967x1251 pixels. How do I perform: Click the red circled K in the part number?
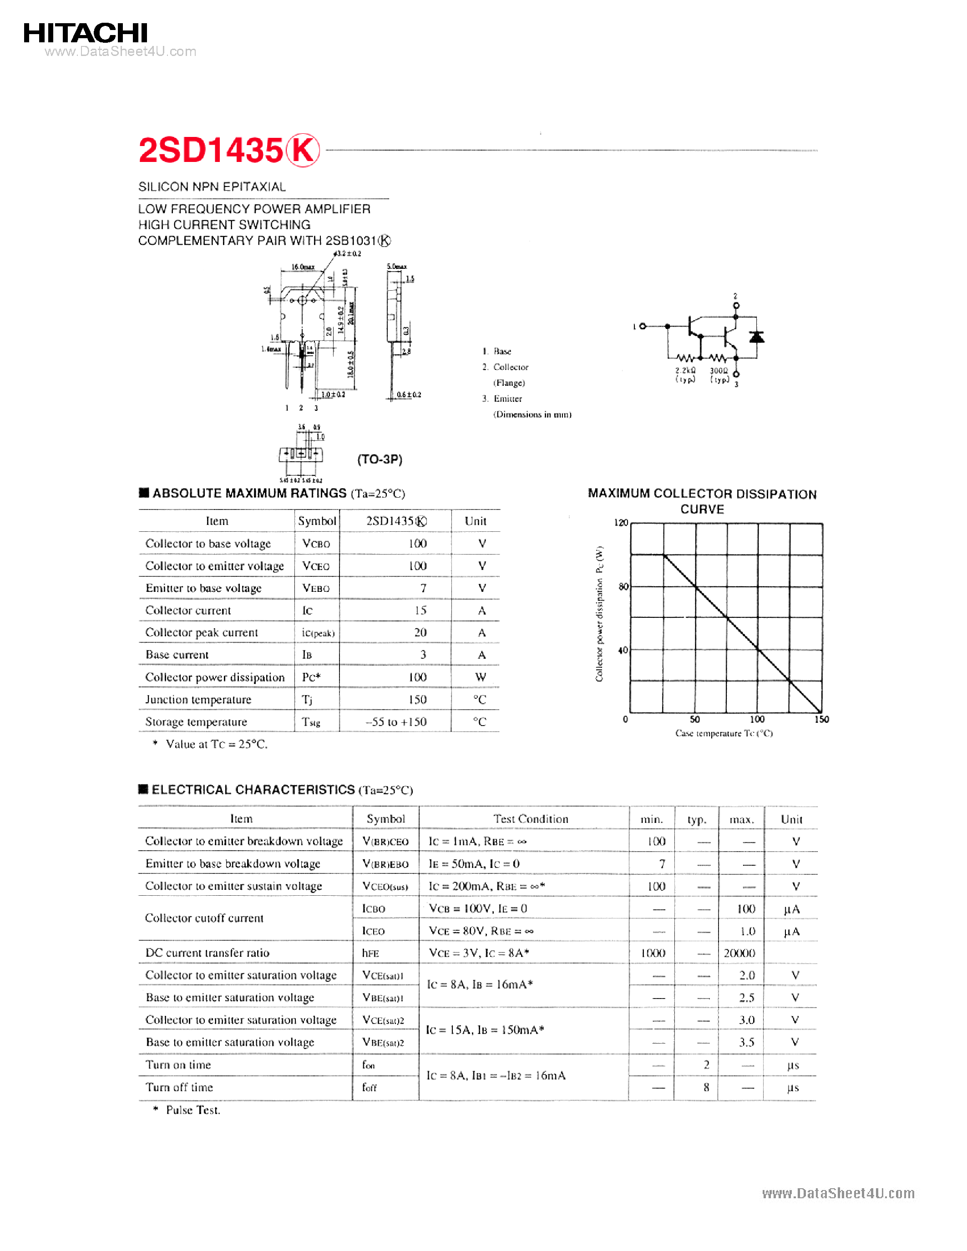(303, 150)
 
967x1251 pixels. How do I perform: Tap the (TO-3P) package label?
(380, 459)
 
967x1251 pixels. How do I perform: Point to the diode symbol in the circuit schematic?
(757, 337)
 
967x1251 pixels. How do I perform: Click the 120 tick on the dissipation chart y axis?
(621, 522)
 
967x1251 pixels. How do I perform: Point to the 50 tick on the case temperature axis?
(695, 720)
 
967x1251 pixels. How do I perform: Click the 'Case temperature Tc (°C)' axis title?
(724, 733)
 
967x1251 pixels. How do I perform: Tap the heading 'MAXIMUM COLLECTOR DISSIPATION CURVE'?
(702, 501)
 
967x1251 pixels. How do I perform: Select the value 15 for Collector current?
(420, 610)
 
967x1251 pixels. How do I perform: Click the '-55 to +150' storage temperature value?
(396, 722)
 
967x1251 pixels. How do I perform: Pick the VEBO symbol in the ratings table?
(316, 588)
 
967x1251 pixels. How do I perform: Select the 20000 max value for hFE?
(739, 953)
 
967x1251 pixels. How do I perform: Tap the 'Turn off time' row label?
(179, 1087)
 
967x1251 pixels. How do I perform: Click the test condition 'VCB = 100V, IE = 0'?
(478, 908)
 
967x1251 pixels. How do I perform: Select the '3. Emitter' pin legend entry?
(503, 399)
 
